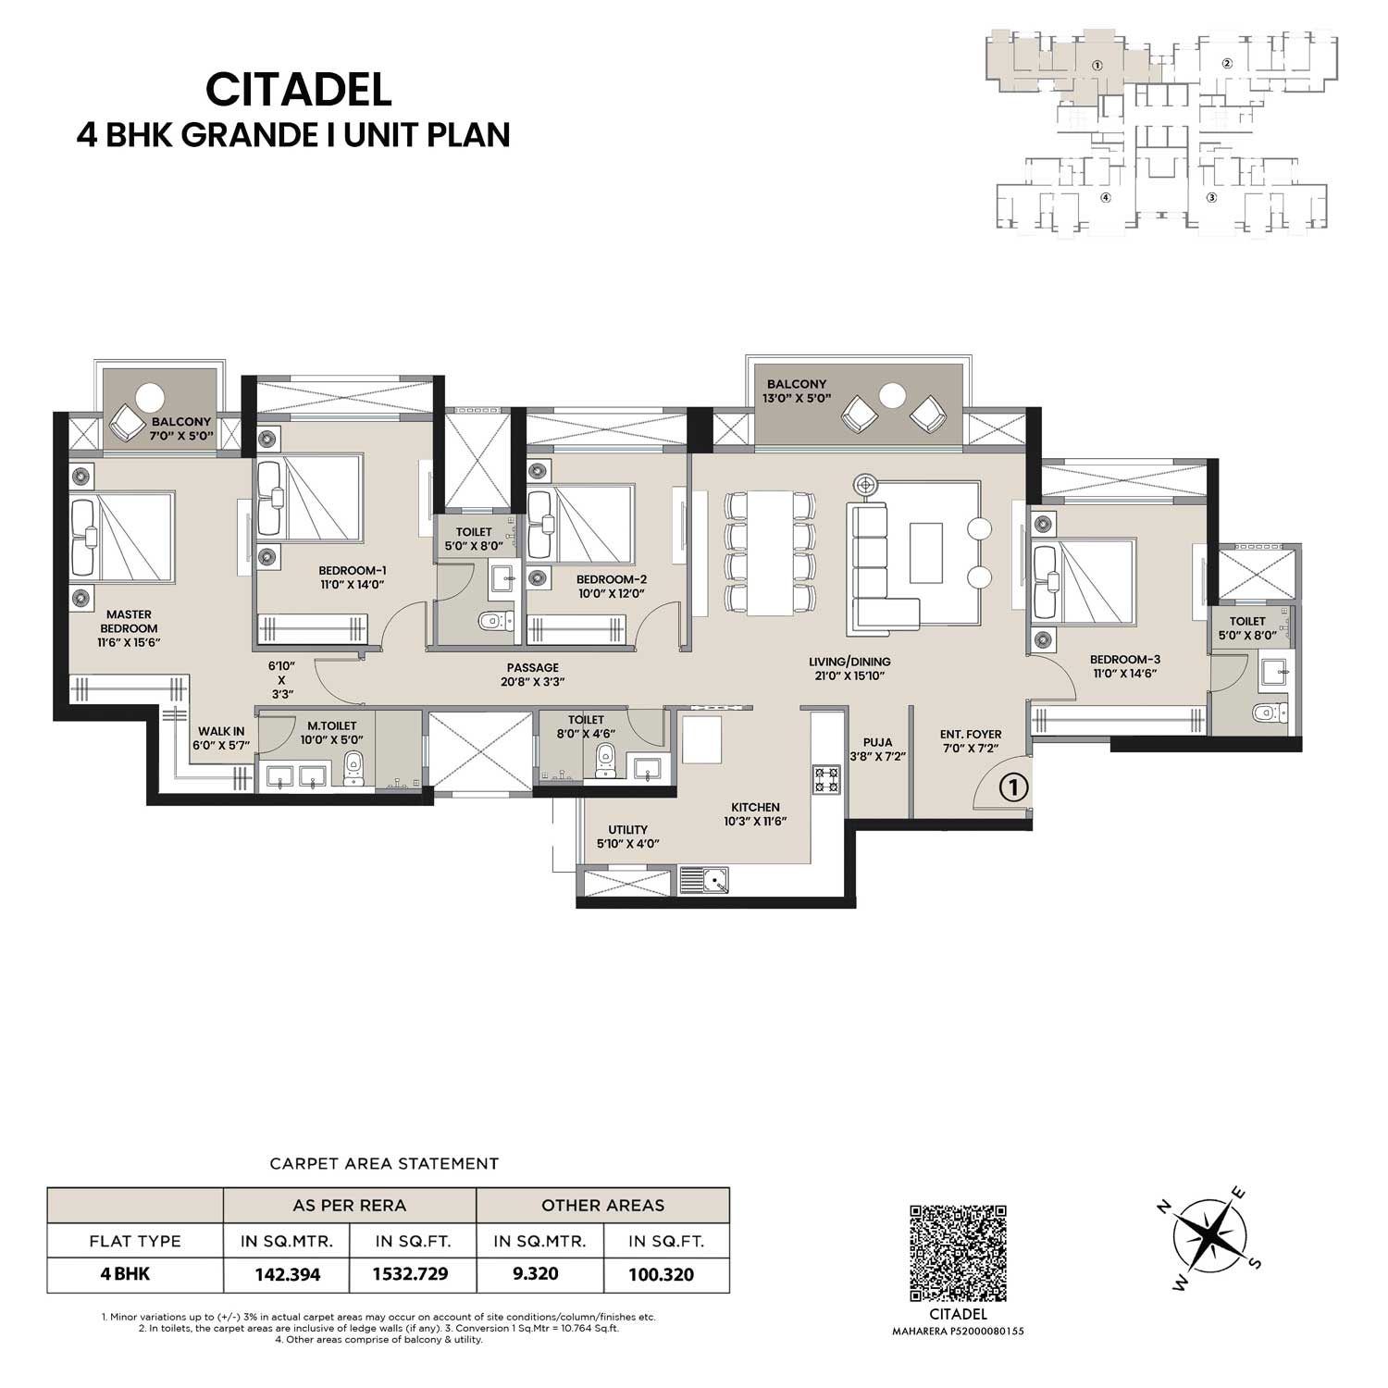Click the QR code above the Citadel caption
point(958,1253)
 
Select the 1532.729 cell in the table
point(410,1274)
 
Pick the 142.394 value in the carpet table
point(288,1274)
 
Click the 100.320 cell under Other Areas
point(662,1274)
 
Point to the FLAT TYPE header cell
point(135,1241)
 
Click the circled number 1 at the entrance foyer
point(1014,787)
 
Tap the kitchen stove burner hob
point(826,780)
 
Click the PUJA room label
point(877,742)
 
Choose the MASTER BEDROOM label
point(129,621)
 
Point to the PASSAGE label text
point(533,667)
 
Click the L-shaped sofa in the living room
point(885,564)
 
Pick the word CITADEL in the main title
point(298,90)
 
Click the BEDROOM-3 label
point(1124,660)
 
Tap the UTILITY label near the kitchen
point(627,829)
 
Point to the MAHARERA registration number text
point(958,1332)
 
